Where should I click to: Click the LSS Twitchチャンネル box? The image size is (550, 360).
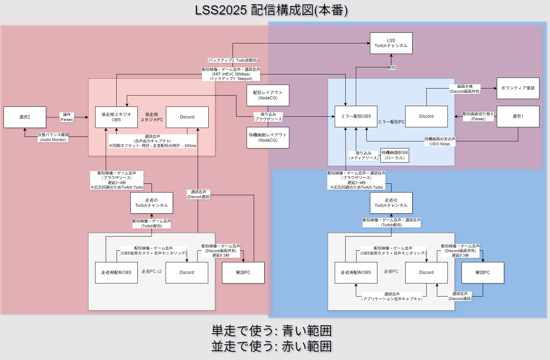[391, 43]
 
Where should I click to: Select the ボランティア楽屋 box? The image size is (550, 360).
[518, 88]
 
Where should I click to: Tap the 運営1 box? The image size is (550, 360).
[518, 116]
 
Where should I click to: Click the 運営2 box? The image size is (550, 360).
[25, 117]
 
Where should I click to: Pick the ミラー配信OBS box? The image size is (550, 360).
[356, 116]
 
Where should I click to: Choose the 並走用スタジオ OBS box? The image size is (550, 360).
[116, 117]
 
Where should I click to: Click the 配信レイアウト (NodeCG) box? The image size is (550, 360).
[268, 95]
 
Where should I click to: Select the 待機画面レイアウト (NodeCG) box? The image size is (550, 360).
[268, 138]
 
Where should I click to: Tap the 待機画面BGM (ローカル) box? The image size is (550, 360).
[395, 155]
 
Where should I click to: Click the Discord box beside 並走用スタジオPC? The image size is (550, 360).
[187, 117]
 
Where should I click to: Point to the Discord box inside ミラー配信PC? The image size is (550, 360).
[426, 116]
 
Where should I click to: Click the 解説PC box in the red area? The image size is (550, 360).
[243, 273]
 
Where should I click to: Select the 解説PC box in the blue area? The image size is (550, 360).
[483, 273]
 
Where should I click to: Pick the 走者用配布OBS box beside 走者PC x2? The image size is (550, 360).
[116, 273]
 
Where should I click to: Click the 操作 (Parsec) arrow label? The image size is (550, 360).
[67, 117]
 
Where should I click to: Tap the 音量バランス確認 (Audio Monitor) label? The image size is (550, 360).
[53, 137]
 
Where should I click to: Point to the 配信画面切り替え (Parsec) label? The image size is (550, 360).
[478, 116]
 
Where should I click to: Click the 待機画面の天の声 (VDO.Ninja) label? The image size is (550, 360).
[440, 141]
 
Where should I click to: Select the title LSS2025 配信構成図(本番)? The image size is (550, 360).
[271, 10]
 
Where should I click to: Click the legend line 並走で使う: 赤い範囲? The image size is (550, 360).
[271, 346]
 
